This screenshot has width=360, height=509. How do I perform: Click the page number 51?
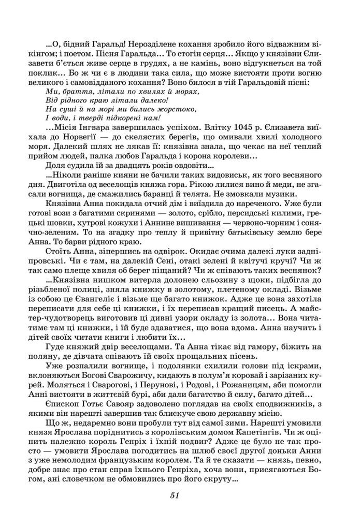click(x=174, y=495)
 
